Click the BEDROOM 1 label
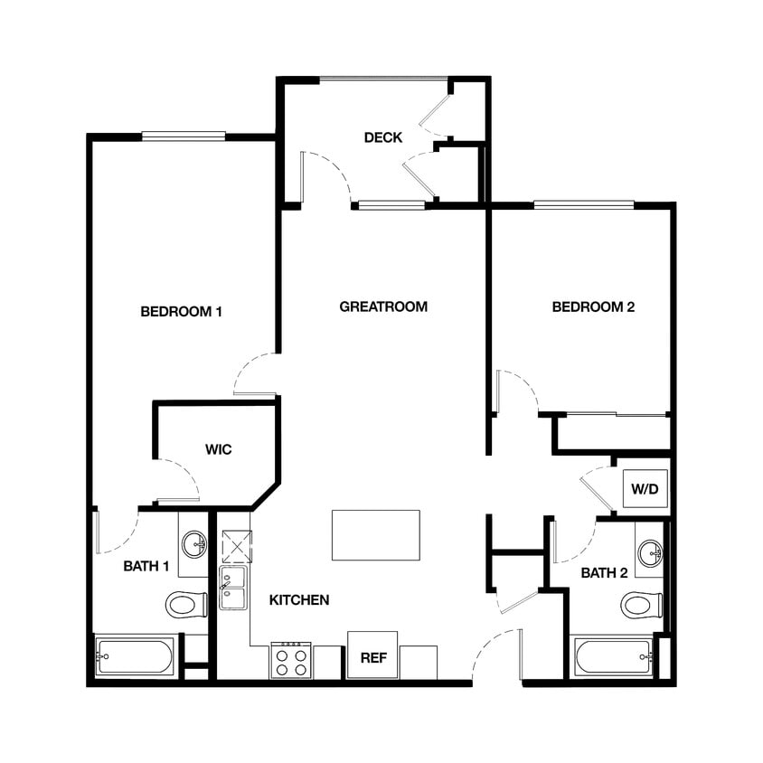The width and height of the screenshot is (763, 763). [x=182, y=312]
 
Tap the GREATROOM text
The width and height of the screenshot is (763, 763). [x=383, y=306]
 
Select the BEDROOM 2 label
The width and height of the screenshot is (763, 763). [x=593, y=306]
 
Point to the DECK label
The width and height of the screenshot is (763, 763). [x=383, y=137]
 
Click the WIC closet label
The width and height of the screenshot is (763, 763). [x=219, y=449]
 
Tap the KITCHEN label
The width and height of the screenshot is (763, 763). [x=299, y=599]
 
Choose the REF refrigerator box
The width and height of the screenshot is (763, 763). [x=372, y=655]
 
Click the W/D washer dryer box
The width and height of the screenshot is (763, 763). [x=644, y=489]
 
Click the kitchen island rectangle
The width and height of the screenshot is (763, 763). [x=376, y=535]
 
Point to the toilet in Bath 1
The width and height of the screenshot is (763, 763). [x=186, y=604]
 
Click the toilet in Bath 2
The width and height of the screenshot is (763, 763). [x=641, y=604]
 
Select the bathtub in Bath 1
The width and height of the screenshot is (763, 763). [x=135, y=656]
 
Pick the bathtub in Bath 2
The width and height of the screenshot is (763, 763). [x=614, y=656]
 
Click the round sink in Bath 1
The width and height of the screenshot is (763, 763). [x=193, y=544]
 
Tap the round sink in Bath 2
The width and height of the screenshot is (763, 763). [x=649, y=552]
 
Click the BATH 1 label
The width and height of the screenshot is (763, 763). [x=146, y=567]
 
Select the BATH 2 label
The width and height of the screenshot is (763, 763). [x=604, y=572]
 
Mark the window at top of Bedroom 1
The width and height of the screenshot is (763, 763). [x=184, y=137]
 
